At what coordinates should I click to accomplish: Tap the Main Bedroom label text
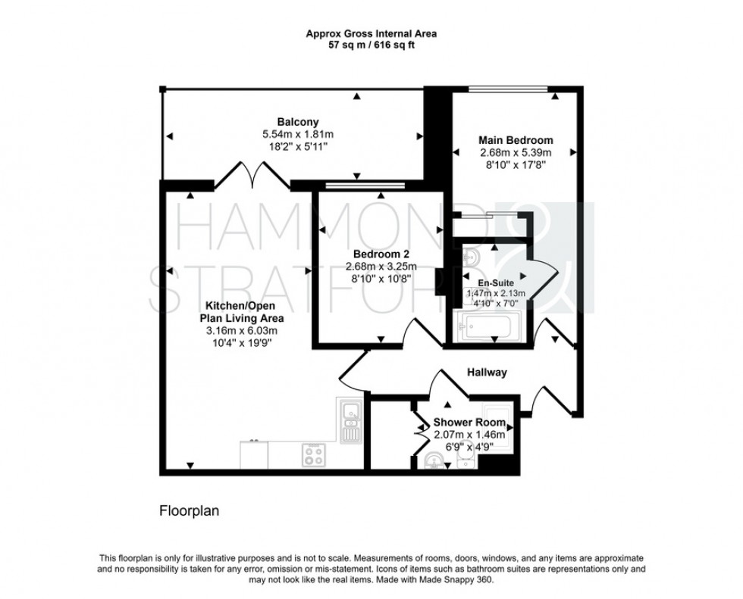515,140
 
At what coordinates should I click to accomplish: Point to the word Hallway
485,373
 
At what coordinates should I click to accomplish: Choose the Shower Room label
464,423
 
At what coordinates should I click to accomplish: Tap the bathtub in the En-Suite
485,327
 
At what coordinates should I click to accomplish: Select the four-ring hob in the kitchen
315,454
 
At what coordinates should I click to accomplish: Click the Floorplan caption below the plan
189,510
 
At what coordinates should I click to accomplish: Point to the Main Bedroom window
507,90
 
